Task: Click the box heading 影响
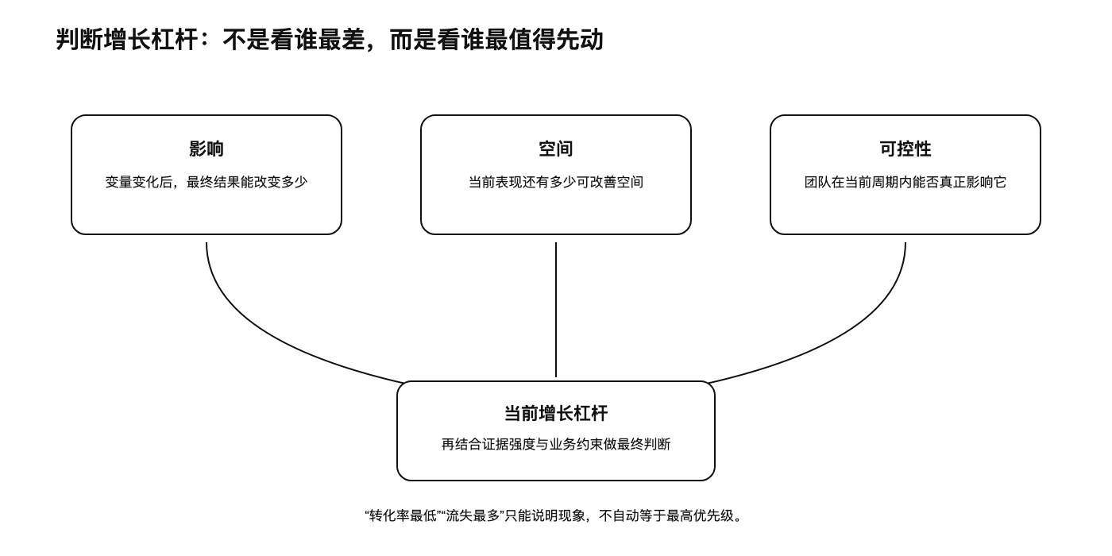tap(206, 149)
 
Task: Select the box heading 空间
tap(555, 149)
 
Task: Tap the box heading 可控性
tap(905, 149)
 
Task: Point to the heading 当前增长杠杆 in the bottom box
tap(555, 414)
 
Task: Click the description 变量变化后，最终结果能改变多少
tap(206, 182)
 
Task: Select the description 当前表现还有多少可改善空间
tap(555, 182)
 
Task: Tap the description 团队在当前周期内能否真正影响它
tap(905, 182)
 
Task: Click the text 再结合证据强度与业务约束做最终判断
tap(555, 444)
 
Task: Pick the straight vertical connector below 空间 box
tap(555, 310)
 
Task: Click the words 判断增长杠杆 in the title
tap(126, 40)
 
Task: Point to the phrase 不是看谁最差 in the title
tap(293, 40)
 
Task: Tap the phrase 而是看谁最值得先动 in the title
tap(496, 40)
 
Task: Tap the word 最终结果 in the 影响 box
tap(213, 182)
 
